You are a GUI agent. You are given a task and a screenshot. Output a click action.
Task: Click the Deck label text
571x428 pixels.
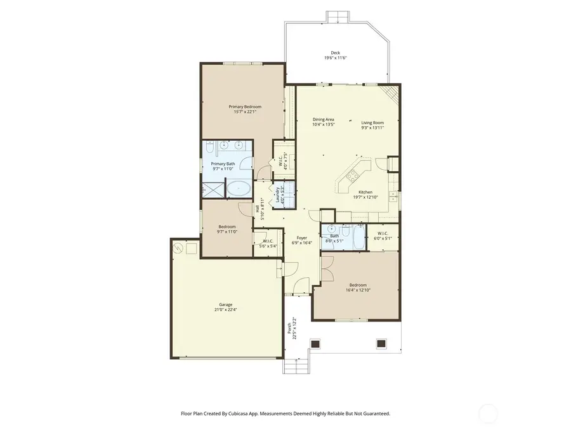335,53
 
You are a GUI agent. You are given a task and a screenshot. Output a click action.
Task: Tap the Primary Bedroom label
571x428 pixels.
245,107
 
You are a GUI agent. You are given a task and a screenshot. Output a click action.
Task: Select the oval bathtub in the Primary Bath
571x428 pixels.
239,188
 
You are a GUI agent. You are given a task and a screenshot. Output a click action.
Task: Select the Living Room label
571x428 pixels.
373,122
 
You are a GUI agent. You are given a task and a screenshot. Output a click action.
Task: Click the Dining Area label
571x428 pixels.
324,119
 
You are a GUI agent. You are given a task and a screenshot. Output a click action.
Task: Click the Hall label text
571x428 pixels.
258,209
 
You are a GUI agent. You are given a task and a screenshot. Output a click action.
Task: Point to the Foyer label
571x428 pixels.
303,238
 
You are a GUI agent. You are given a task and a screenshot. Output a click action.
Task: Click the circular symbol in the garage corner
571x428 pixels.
178,247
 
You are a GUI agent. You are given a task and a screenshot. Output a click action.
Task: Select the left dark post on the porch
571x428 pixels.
315,344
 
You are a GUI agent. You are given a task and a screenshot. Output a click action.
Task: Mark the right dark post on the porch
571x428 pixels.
381,344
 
